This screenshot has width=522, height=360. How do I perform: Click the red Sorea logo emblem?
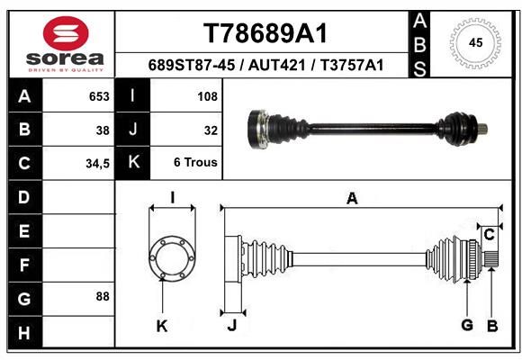pyautogui.click(x=66, y=33)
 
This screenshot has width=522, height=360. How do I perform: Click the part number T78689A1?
pyautogui.click(x=265, y=33)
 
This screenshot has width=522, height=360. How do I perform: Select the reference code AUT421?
pyautogui.click(x=276, y=65)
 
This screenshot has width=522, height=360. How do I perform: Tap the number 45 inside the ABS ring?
pyautogui.click(x=475, y=42)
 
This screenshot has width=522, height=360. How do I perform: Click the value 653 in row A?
pyautogui.click(x=99, y=96)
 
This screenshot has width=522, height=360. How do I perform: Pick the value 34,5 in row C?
pyautogui.click(x=97, y=164)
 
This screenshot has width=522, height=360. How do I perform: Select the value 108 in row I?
pyautogui.click(x=207, y=96)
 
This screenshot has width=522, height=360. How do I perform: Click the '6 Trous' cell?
pyautogui.click(x=195, y=162)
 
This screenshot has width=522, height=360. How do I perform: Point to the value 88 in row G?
pyautogui.click(x=103, y=296)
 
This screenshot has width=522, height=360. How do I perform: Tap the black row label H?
pyautogui.click(x=25, y=332)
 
